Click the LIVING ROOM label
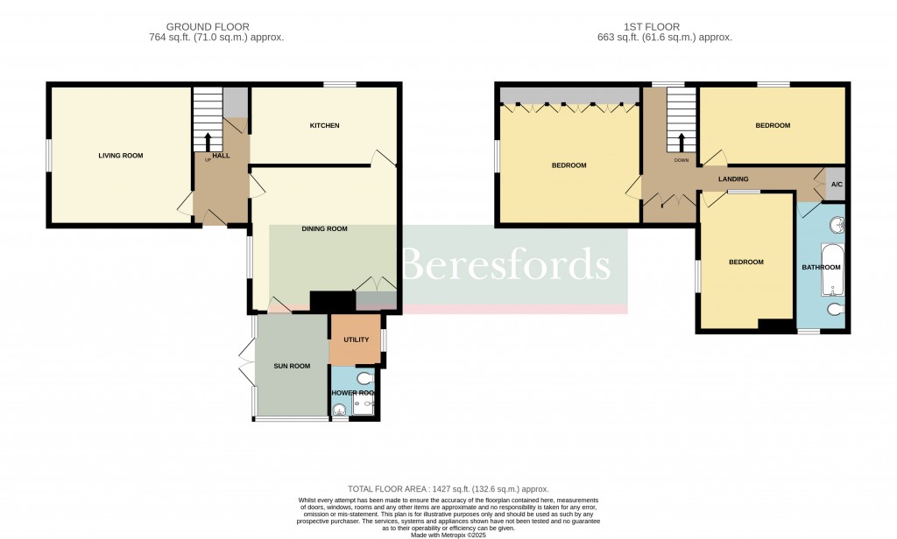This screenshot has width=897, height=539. (x=120, y=156)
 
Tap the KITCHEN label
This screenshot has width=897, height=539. (x=324, y=126)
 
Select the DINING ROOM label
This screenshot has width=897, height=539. (x=324, y=229)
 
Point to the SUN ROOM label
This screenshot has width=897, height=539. (x=292, y=366)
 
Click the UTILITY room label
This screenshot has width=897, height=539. (x=356, y=339)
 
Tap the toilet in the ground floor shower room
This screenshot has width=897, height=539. (x=364, y=378)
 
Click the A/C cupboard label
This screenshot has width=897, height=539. (x=836, y=185)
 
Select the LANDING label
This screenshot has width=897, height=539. (x=733, y=179)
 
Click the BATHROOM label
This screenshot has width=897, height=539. (x=822, y=268)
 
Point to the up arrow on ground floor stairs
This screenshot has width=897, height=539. (x=208, y=142)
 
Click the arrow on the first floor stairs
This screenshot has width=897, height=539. (x=682, y=142)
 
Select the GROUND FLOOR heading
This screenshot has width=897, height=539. (x=207, y=27)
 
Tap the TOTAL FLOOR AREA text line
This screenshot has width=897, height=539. (x=448, y=488)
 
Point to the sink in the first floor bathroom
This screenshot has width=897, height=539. (x=837, y=226)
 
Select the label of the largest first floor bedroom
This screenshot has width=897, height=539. (x=569, y=165)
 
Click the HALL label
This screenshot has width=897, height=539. (x=221, y=156)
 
